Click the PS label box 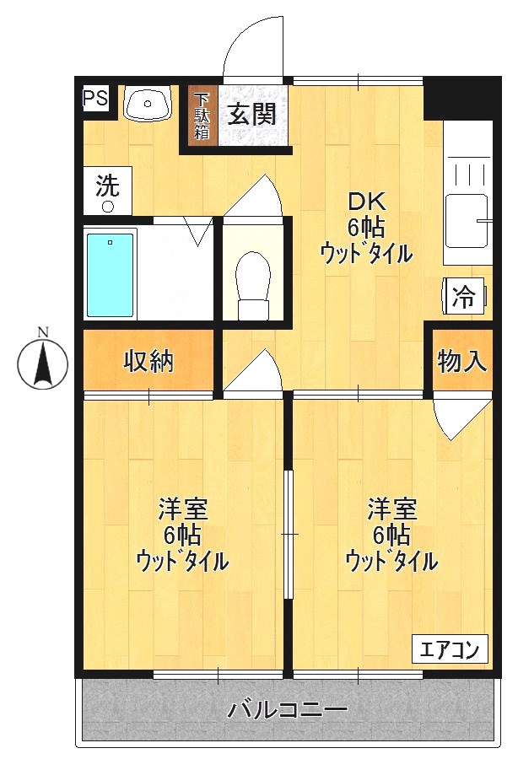click(95, 98)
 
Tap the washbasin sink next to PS click(148, 105)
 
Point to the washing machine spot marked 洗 click(107, 191)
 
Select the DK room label click(367, 202)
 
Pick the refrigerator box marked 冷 click(464, 296)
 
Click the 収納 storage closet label click(148, 361)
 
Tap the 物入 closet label click(462, 361)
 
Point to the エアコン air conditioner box click(450, 650)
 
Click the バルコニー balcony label click(287, 710)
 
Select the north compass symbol click(44, 364)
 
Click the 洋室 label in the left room click(183, 510)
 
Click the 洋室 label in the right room click(391, 510)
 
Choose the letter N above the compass click(44, 331)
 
